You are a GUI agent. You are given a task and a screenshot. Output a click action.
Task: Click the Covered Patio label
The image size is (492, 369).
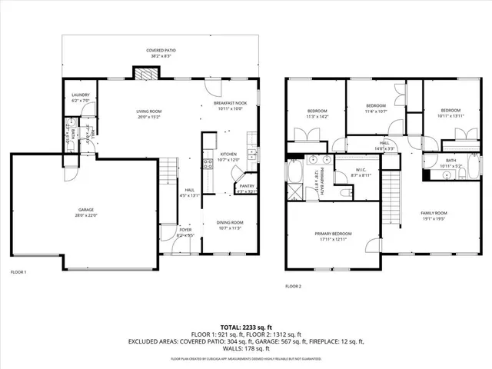(x=160, y=51)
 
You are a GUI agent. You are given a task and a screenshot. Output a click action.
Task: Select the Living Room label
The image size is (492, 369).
(x=148, y=111)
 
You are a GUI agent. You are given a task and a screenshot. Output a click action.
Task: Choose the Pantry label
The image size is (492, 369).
(x=246, y=185)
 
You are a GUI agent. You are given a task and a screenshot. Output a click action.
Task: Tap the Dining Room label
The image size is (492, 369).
(x=231, y=222)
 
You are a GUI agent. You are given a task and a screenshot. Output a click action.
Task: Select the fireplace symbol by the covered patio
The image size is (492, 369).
(x=145, y=74)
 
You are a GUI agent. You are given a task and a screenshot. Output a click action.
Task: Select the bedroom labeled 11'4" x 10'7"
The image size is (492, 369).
(x=375, y=105)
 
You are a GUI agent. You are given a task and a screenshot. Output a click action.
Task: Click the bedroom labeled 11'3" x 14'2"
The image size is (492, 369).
(x=317, y=111)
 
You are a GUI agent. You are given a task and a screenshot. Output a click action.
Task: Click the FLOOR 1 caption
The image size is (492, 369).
(x=18, y=272)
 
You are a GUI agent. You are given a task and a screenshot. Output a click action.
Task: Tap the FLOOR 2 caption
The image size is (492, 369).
(x=293, y=285)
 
